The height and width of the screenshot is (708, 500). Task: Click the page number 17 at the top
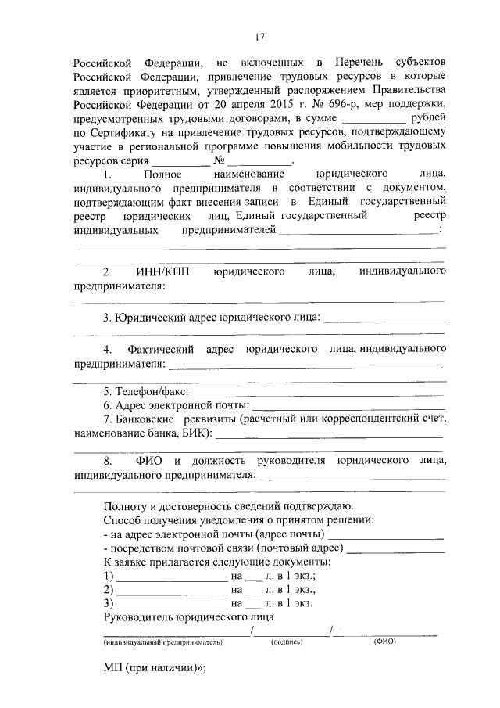tap(260, 37)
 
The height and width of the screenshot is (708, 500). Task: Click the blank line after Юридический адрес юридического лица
tap(384, 318)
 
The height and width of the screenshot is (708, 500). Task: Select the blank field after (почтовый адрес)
tap(395, 549)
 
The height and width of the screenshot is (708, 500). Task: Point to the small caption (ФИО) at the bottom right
tap(385, 642)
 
